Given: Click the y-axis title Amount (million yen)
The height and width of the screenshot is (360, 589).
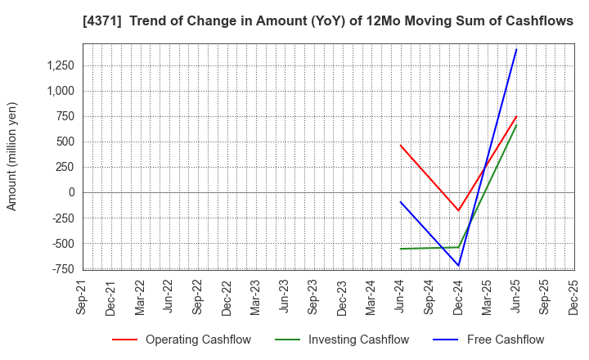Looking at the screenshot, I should (x=12, y=156).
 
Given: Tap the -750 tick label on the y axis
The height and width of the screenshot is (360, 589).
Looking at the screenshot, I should (x=61, y=268).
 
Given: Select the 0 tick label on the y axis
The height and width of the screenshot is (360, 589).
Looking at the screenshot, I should (x=71, y=192).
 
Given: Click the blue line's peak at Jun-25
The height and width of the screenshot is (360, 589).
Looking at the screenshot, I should (x=516, y=49).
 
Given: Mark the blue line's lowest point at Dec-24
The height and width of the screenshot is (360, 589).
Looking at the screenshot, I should (x=458, y=265).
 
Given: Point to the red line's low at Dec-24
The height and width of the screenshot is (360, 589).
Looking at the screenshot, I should (x=458, y=210).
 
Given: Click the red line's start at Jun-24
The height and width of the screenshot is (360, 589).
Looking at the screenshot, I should (x=400, y=146).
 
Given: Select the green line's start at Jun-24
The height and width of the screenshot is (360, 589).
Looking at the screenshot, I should (x=400, y=249).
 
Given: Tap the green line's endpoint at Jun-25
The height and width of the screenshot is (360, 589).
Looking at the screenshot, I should (x=516, y=125).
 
